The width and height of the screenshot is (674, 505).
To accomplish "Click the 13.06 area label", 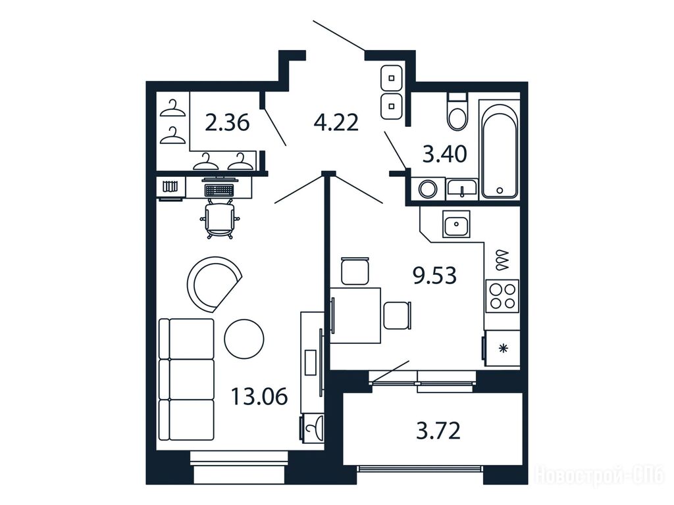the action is tap(259, 396).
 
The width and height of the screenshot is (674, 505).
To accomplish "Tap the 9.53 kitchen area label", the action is tap(434, 276).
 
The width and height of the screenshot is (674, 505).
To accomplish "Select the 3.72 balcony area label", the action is tap(438, 431).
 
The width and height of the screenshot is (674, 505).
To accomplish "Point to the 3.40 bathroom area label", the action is tap(444, 154).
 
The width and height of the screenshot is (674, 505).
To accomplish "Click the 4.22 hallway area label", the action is tap(336, 122).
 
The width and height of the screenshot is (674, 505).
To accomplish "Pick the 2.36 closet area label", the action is tap(227, 122).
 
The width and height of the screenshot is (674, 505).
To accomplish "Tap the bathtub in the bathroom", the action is tap(499, 149).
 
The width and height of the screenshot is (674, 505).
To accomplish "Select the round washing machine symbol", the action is tap(428, 189).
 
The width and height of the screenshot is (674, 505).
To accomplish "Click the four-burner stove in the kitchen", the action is tap(502, 296).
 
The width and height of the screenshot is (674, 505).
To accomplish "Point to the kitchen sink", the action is tap(457, 224).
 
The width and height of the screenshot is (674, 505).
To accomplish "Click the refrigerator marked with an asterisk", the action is tap(501, 348).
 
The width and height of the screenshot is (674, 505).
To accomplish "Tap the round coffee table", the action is tap(244, 339).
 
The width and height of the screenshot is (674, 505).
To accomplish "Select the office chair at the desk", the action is tap(220, 218).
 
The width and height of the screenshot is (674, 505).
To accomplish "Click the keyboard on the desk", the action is tap(219, 189).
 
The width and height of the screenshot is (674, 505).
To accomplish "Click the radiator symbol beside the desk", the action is tap(170, 187).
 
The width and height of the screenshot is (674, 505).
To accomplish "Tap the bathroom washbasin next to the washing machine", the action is tap(462, 189).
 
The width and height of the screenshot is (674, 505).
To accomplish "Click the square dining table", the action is tap(355, 315).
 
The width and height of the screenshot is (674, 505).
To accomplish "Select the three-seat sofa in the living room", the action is tap(186, 379).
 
